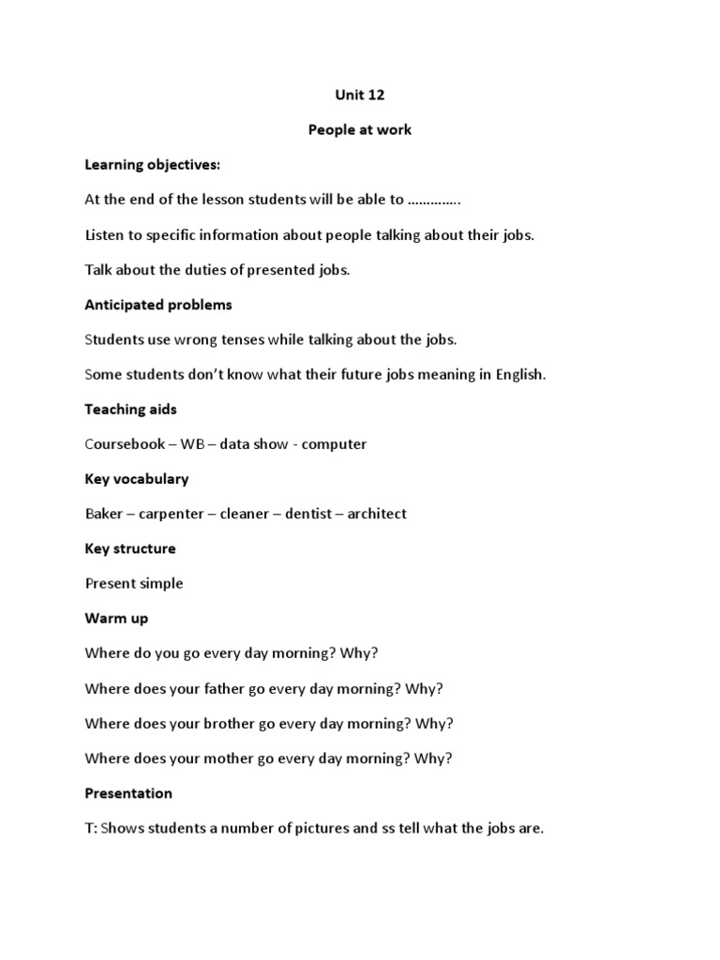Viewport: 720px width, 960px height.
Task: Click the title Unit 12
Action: tap(359, 95)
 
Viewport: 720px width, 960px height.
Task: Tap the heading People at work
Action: tap(359, 129)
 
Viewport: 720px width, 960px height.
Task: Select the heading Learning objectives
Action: tap(152, 165)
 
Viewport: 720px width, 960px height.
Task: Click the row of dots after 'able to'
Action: tap(434, 200)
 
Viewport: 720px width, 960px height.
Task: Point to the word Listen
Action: tap(104, 234)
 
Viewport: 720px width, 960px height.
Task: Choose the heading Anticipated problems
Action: tap(158, 305)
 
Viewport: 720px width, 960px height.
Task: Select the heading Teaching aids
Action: tap(131, 409)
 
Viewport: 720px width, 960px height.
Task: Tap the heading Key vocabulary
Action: tap(137, 479)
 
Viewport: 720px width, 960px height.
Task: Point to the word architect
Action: tap(377, 514)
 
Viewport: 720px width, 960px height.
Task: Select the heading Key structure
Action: tap(130, 548)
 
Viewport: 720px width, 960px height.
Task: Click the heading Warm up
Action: tap(116, 619)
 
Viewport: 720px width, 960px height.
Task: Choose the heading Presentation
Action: tap(128, 793)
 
